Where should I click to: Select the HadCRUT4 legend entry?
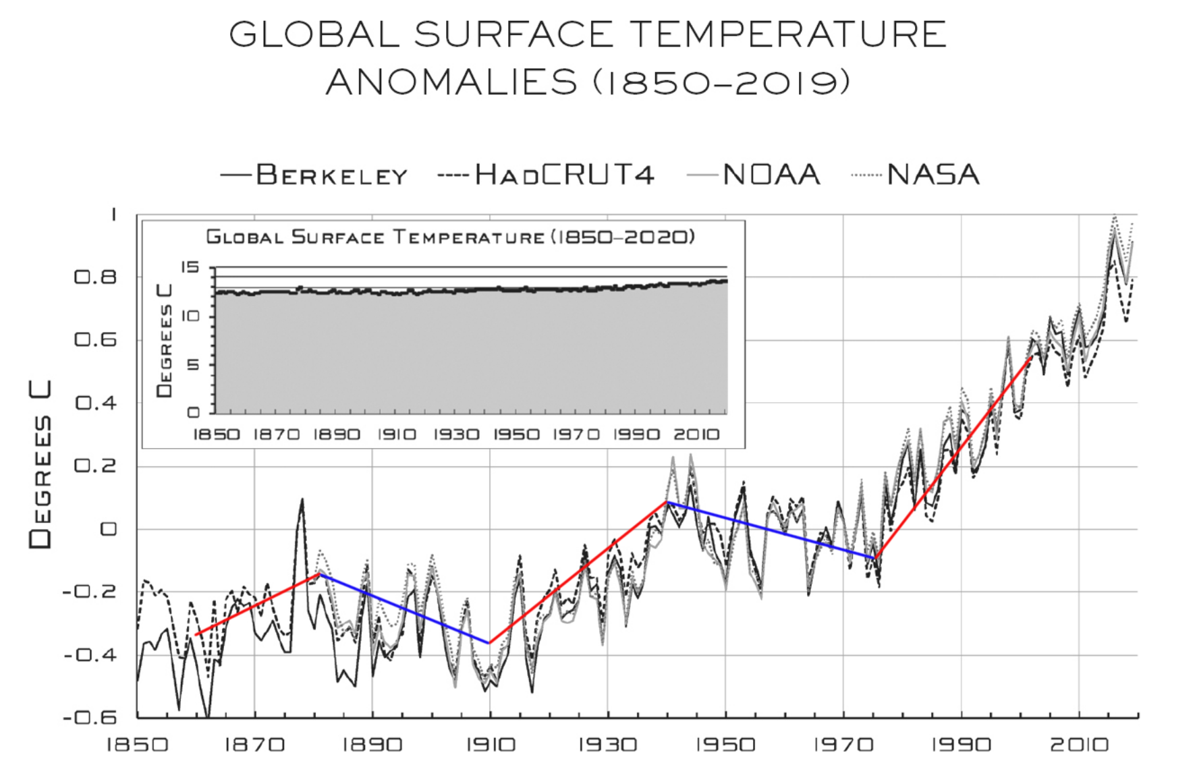coord(547,175)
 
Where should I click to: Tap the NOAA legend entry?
coord(754,175)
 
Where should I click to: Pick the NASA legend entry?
coord(916,175)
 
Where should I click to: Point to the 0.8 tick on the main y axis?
coord(95,277)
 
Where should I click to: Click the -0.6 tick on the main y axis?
coord(90,717)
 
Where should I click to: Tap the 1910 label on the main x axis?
coord(491,745)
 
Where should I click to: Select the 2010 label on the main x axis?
coord(1079,745)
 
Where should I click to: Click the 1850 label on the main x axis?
coord(138,745)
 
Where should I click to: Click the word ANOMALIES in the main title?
coord(451,82)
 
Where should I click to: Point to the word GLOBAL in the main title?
coord(314,34)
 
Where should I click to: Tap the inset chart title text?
coord(450,237)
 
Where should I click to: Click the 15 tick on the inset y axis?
coord(190,267)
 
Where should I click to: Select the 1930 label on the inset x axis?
coord(456,435)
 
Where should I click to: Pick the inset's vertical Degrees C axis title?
coord(165,341)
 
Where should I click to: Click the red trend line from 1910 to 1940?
coord(578,573)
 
